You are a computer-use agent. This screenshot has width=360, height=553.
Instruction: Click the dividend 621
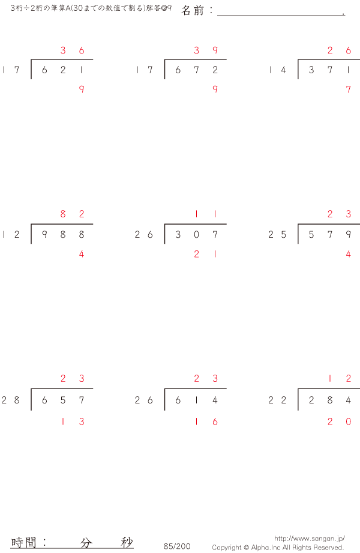63,70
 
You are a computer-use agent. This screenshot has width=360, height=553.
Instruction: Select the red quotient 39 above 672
206,50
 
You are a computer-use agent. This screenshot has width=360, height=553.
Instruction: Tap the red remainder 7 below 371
349,89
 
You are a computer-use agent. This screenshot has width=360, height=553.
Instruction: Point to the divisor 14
277,70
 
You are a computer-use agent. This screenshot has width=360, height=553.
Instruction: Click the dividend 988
63,235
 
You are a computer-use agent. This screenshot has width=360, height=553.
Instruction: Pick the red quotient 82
72,214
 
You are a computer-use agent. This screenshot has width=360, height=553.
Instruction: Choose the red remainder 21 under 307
206,254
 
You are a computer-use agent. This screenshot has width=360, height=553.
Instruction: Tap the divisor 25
277,235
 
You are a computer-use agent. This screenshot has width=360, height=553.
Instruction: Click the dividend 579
329,235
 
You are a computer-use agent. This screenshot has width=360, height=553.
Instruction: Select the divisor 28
11,400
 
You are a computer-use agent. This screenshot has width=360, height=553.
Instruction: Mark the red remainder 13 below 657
72,422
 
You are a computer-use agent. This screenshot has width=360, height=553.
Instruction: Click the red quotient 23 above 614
206,379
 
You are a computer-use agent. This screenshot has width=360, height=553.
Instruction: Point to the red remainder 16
206,422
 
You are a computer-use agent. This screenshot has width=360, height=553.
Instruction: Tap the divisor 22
277,400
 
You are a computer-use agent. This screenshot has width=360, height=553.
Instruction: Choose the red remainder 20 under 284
339,422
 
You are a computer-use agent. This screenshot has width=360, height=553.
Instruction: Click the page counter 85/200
177,546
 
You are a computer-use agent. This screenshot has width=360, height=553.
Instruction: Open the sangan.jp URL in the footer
310,539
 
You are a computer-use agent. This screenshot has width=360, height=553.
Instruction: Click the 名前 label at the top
193,11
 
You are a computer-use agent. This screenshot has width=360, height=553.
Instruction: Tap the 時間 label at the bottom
23,542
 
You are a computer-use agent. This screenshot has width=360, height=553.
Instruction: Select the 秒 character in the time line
127,542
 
